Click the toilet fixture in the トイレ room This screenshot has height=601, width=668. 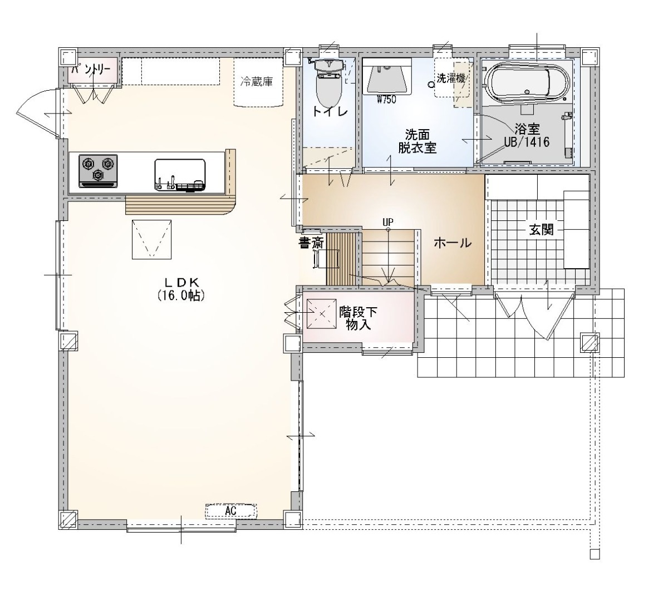point(328,83)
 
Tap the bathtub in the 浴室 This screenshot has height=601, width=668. point(526,82)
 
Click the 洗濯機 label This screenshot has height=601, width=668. point(451,79)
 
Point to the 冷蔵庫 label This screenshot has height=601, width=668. point(257,81)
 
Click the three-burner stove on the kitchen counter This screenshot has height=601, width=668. point(98,171)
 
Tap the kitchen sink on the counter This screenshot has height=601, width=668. point(180,175)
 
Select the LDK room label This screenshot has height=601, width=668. point(181,283)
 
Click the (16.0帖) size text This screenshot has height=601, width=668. point(181,295)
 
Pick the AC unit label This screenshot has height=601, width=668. point(230,510)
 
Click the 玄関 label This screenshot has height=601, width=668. point(541,230)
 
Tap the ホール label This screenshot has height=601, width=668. point(453,243)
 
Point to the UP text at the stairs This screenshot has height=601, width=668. point(388,221)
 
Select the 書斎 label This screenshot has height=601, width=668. point(311,243)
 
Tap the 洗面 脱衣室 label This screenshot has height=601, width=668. point(417,141)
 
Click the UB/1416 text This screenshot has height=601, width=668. point(527,142)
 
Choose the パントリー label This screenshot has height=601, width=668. point(92,70)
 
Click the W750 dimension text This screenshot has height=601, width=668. point(387,100)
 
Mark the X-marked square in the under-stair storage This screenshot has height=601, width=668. point(322,313)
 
